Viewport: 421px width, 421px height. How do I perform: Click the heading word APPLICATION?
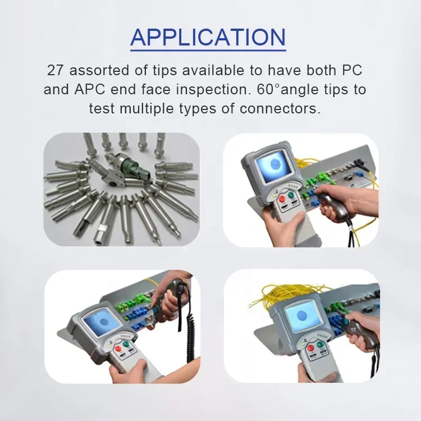tap(208, 37)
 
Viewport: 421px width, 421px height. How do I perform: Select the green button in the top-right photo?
tap(292, 196)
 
